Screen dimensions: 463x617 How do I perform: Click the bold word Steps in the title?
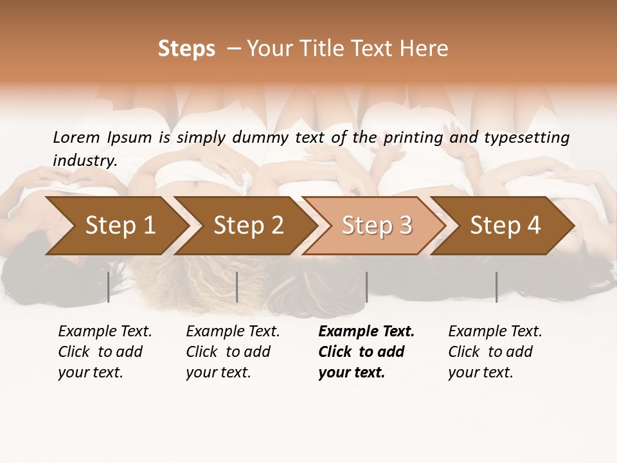tap(186, 49)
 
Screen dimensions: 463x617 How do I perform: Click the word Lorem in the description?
tap(76, 138)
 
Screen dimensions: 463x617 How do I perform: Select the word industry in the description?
tap(85, 161)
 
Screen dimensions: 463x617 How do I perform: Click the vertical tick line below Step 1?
tap(109, 287)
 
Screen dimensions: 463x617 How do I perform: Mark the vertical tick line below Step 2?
tap(237, 287)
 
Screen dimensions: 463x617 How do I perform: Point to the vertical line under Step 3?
tap(366, 287)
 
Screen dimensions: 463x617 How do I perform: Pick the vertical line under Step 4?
tap(496, 287)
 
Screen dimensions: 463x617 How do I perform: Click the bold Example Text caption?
tap(366, 352)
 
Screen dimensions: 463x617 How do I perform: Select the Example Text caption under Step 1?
tap(105, 352)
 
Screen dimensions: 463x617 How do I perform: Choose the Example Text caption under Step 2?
tap(233, 352)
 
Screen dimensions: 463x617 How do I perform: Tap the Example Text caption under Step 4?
tap(495, 352)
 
